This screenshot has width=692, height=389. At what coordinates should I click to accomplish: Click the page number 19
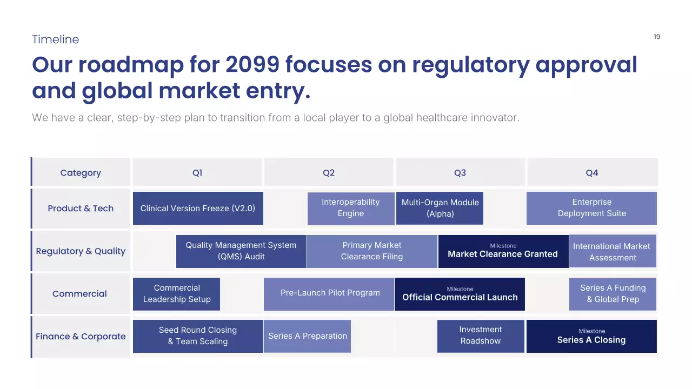pyautogui.click(x=657, y=37)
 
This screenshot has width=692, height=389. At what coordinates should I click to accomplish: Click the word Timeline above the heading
pyautogui.click(x=55, y=39)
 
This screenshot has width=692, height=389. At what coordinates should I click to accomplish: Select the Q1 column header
pyautogui.click(x=197, y=173)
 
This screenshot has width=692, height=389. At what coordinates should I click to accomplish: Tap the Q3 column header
pyautogui.click(x=460, y=173)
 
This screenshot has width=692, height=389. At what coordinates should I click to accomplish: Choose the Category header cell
pyautogui.click(x=81, y=173)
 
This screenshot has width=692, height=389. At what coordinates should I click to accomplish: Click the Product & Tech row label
pyautogui.click(x=81, y=209)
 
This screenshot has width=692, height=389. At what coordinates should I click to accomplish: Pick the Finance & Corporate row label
pyautogui.click(x=81, y=337)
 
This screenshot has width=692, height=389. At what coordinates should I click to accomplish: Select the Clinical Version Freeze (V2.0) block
pyautogui.click(x=198, y=209)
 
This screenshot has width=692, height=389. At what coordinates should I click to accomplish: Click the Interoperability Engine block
pyautogui.click(x=351, y=208)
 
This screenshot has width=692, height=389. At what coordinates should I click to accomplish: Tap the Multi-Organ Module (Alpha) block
pyautogui.click(x=440, y=208)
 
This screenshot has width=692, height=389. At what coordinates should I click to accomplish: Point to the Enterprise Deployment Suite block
pyautogui.click(x=591, y=208)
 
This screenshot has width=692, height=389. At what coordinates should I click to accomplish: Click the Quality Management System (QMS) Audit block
pyautogui.click(x=241, y=251)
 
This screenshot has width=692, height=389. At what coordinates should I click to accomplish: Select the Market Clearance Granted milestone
pyautogui.click(x=503, y=251)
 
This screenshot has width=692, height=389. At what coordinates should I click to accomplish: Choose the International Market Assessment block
pyautogui.click(x=613, y=251)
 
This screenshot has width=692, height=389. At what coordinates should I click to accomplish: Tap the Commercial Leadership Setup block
pyautogui.click(x=177, y=294)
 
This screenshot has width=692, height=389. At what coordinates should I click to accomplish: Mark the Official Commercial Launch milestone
pyautogui.click(x=460, y=294)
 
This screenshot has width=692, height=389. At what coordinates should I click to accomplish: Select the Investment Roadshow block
pyautogui.click(x=481, y=336)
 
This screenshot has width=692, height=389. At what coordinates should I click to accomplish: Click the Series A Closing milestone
pyautogui.click(x=591, y=336)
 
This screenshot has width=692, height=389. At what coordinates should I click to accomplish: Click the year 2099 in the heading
pyautogui.click(x=252, y=65)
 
